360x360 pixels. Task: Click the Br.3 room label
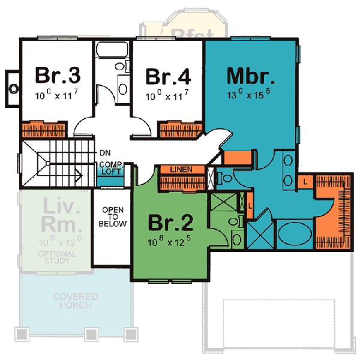[58, 77]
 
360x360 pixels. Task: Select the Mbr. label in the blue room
[251, 76]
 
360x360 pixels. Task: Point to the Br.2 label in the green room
[171, 223]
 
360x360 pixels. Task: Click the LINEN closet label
[181, 170]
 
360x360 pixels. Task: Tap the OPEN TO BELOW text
[113, 217]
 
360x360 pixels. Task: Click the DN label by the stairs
[104, 152]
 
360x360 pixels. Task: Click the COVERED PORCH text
[76, 301]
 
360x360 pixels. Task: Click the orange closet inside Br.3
[41, 130]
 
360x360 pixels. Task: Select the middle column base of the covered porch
[91, 334]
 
